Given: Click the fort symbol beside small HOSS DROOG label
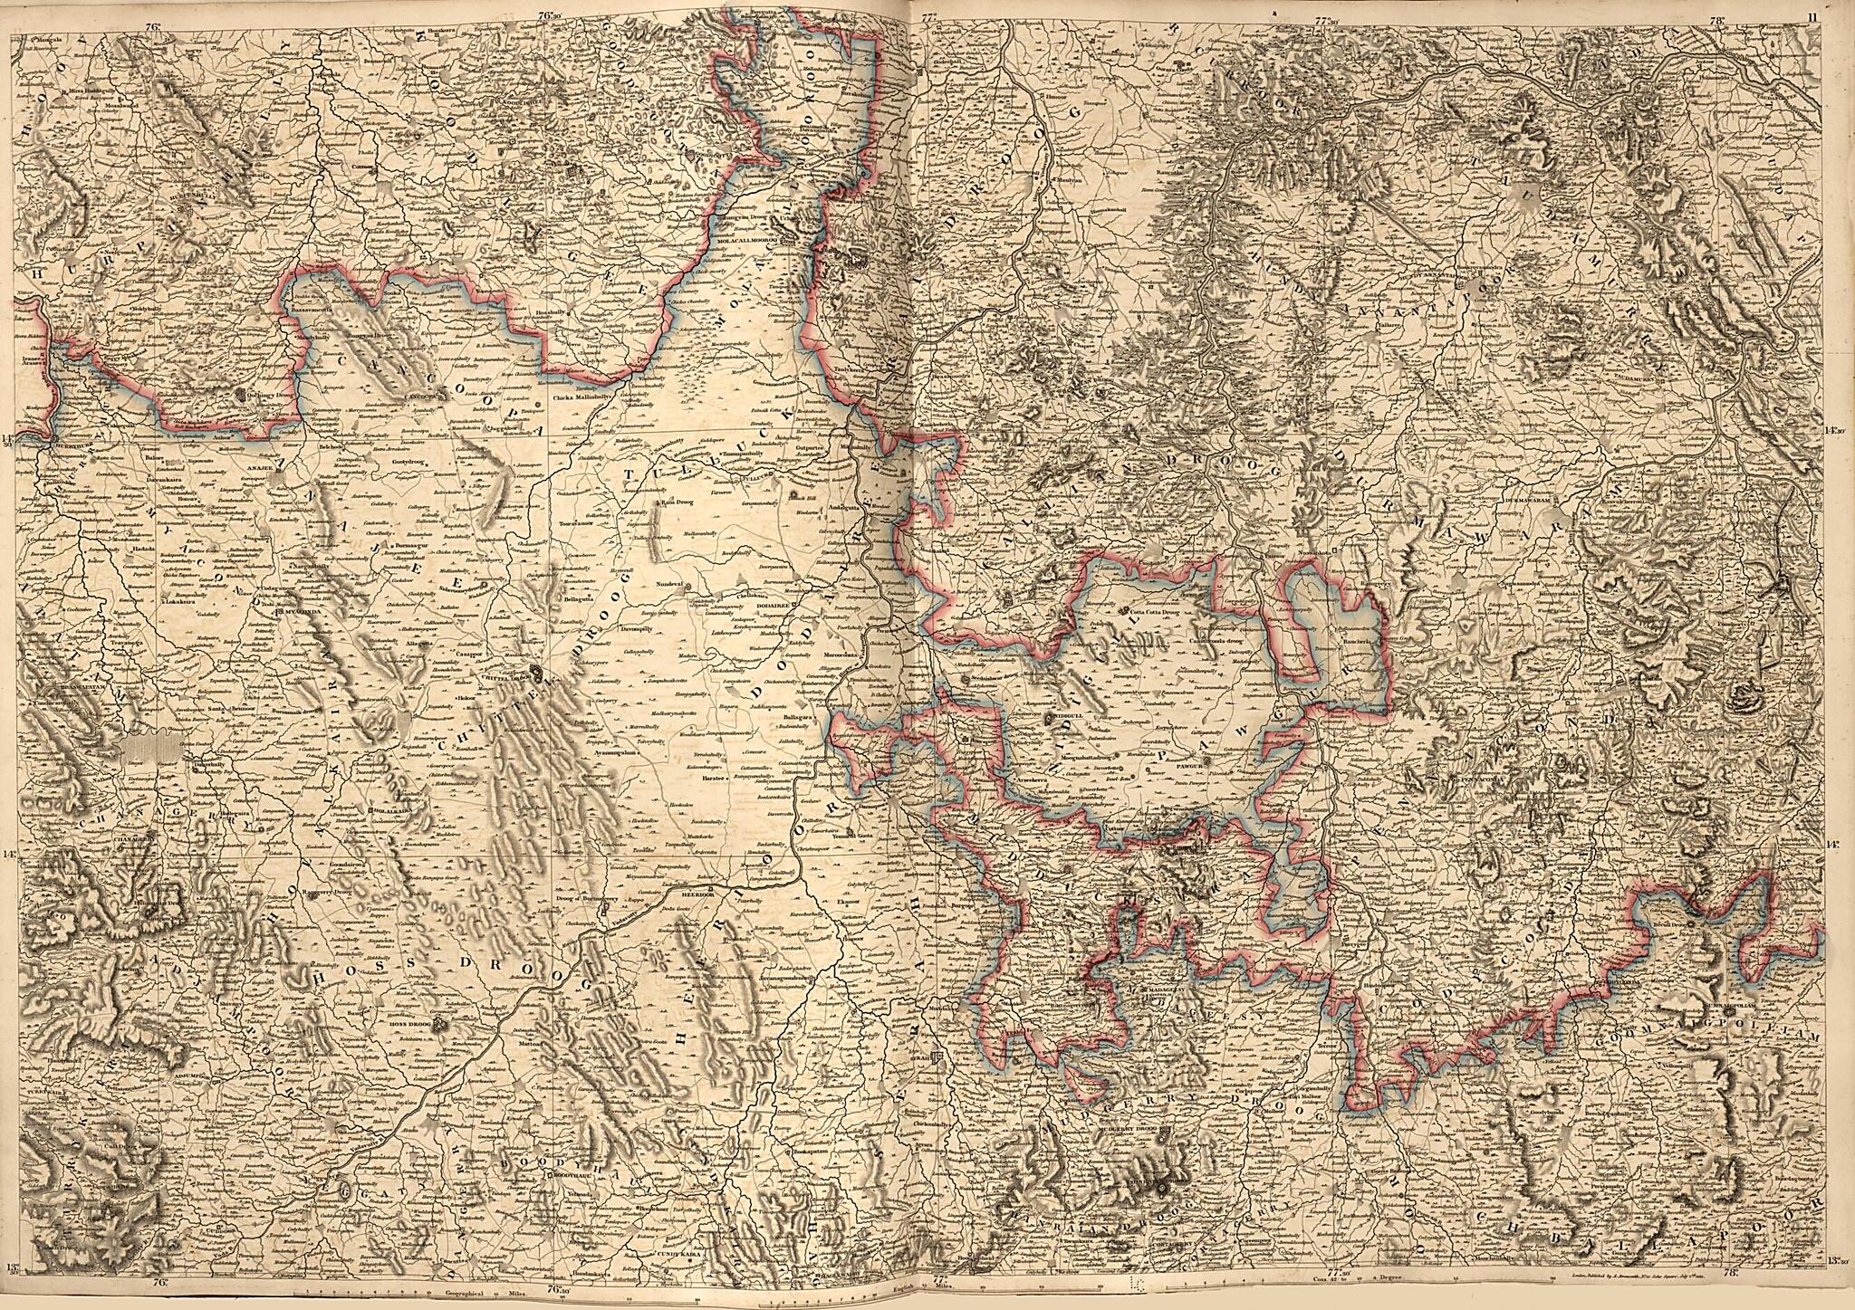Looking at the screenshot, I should click(440, 1026).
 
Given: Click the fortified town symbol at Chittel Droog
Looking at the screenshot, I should click(541, 674).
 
